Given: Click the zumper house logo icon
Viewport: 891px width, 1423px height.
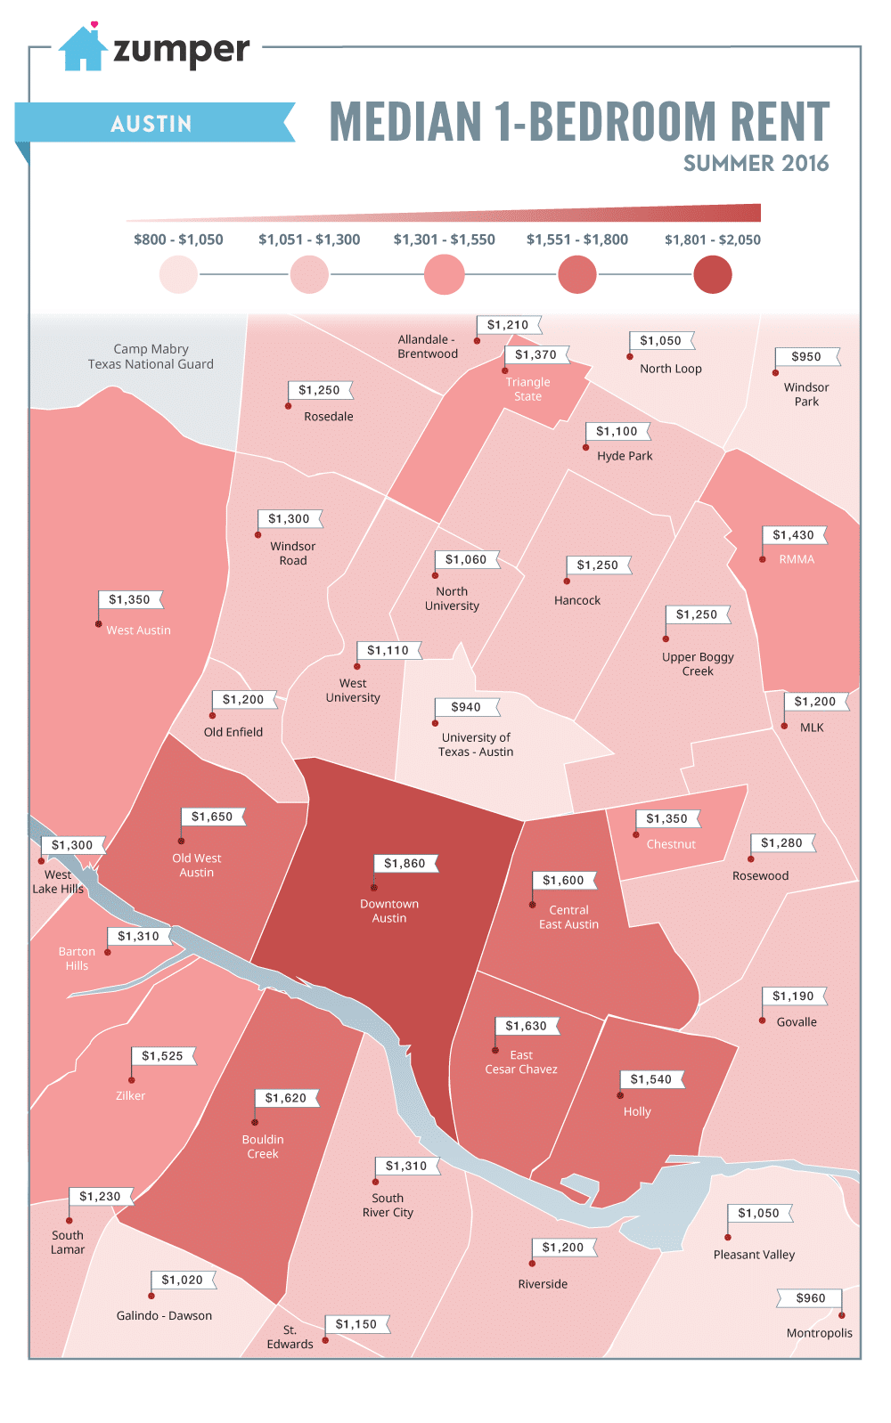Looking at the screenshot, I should (x=82, y=50).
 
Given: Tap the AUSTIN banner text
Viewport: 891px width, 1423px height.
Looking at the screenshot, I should (x=151, y=124).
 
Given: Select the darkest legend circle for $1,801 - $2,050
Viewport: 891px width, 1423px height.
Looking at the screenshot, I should (x=712, y=274).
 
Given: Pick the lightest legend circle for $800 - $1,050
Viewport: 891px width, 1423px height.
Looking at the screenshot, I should (x=178, y=274).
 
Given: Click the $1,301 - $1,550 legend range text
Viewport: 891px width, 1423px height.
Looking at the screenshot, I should (x=444, y=240).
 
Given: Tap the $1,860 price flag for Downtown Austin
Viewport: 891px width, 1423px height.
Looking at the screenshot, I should (x=405, y=863).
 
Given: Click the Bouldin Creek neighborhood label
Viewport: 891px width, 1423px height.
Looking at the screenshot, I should (x=263, y=1146).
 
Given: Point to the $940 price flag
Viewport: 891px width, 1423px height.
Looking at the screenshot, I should (x=466, y=707).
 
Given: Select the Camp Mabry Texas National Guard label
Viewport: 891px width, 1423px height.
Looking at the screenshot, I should (x=151, y=356).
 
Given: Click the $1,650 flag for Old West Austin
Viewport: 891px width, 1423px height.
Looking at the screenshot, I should (x=212, y=817).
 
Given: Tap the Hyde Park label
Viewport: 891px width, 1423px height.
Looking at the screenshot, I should (x=625, y=456).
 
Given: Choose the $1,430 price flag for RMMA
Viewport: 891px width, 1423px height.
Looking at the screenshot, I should (x=793, y=535).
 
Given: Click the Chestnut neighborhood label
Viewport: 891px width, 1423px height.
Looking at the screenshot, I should (x=671, y=844).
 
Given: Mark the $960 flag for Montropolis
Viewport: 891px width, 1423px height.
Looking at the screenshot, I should (x=810, y=1298).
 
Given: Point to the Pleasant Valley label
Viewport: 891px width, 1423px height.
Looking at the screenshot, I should (x=754, y=1255).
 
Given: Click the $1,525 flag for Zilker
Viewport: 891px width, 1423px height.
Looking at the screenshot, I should (x=162, y=1056).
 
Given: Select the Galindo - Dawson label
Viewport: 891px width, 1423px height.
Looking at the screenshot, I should (x=164, y=1315).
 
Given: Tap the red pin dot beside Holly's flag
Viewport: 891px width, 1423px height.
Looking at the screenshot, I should (x=620, y=1095).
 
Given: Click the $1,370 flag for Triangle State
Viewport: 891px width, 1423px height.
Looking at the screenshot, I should (x=535, y=354).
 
